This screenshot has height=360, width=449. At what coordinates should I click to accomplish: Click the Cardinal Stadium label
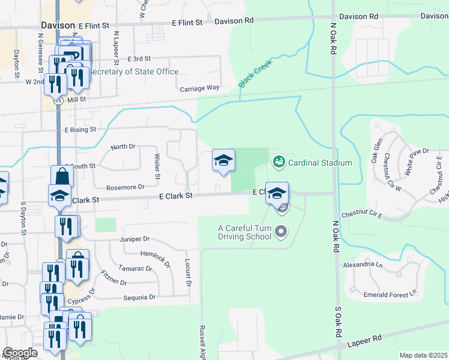coord(320,162)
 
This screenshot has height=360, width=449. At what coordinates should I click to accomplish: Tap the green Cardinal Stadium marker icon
coord(279,161)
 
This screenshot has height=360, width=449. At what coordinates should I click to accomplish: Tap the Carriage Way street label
coord(200,88)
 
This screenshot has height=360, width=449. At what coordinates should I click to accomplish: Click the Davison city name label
coord(58,25)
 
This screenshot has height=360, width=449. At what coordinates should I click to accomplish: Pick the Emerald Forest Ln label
coord(390,295)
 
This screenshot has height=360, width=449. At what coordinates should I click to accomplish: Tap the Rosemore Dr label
coord(125,187)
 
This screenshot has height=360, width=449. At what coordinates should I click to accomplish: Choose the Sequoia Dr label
coord(139,297)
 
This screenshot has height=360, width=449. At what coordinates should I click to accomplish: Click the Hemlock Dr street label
coord(155,259)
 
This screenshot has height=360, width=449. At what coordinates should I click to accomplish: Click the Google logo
coord(20,353)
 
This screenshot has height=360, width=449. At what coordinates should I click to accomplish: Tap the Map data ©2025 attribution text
coord(423,355)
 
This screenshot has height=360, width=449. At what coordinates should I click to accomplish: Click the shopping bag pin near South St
coord(62,176)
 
